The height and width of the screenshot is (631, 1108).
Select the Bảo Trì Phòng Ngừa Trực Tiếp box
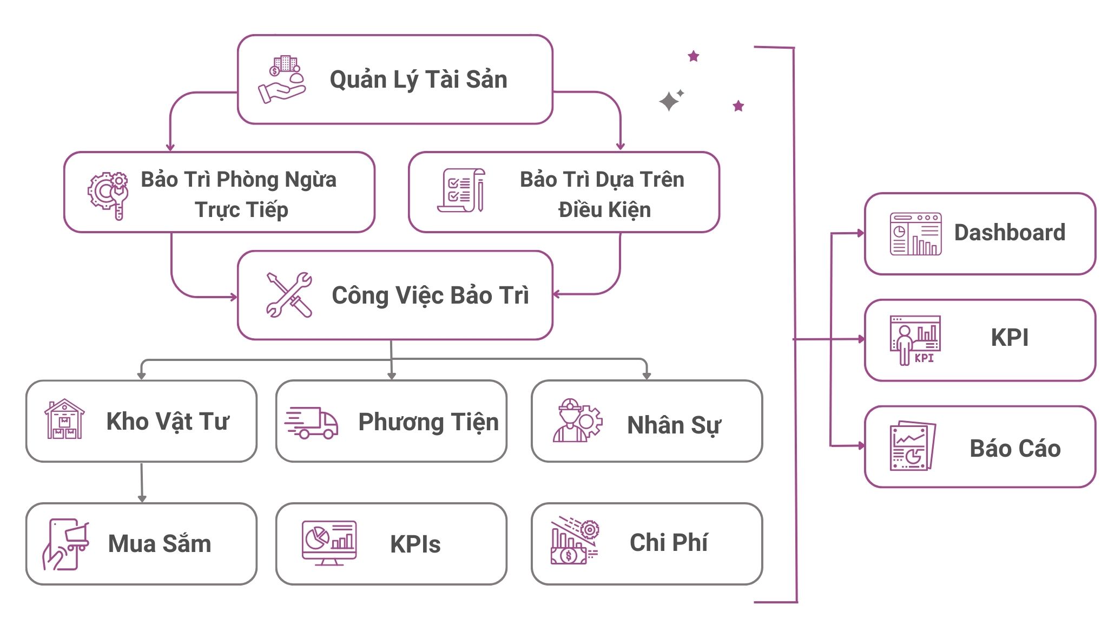(x=219, y=193)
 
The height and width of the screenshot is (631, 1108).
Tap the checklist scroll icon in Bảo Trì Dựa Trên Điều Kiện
(x=461, y=190)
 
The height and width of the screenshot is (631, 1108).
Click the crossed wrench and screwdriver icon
(x=289, y=295)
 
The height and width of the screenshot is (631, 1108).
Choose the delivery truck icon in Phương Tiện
(x=312, y=423)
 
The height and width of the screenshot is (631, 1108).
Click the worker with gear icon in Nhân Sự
(x=577, y=421)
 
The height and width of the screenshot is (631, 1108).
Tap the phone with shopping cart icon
(x=65, y=544)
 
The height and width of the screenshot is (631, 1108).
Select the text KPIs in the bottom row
(x=415, y=544)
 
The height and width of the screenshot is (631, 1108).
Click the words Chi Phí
(x=668, y=543)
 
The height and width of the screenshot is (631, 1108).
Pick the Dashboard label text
(x=1010, y=233)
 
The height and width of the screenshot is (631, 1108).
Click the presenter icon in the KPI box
(x=915, y=340)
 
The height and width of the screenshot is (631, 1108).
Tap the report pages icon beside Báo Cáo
(x=913, y=446)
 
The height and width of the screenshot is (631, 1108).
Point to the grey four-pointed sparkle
(x=669, y=101)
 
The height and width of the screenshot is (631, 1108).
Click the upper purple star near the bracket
(x=694, y=56)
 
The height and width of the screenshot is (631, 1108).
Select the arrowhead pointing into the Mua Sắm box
(x=142, y=498)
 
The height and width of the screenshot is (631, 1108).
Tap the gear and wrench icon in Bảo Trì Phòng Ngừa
(x=109, y=195)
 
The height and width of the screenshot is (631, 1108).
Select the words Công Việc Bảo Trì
(x=430, y=295)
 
